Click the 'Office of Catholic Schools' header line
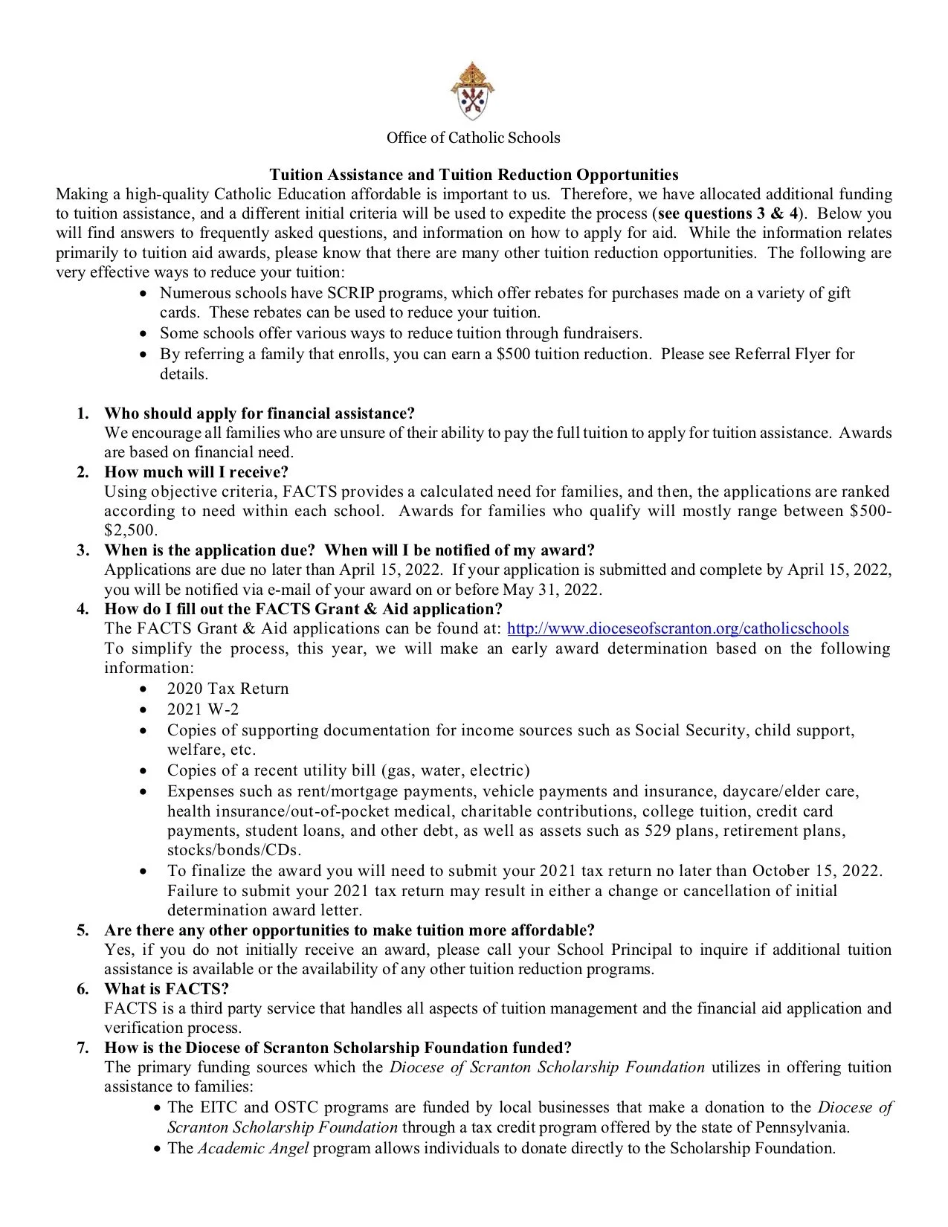tap(473, 138)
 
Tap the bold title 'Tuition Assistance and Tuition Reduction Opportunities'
tap(474, 175)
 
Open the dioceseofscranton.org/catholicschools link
tap(677, 628)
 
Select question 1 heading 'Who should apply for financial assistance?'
tap(259, 413)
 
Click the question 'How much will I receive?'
tap(196, 472)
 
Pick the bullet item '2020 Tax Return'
tap(228, 689)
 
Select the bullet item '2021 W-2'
tap(203, 709)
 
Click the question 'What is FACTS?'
tap(167, 989)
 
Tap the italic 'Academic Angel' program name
tap(253, 1148)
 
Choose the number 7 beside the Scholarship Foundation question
tap(83, 1048)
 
